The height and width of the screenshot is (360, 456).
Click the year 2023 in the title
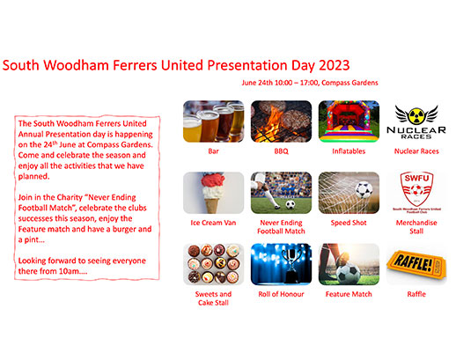[335, 65]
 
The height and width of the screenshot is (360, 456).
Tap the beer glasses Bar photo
[213, 121]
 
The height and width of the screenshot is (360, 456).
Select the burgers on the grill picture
[281, 121]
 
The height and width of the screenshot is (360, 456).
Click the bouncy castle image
[349, 121]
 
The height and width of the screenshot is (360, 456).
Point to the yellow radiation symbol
[416, 115]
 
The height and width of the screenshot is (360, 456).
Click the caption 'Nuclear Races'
[416, 151]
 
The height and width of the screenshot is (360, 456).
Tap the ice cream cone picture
[213, 193]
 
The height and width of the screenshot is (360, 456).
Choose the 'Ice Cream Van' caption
[213, 223]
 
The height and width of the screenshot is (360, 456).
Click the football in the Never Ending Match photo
[290, 204]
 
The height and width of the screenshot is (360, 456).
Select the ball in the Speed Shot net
[364, 190]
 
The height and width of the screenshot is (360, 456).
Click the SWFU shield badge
[416, 189]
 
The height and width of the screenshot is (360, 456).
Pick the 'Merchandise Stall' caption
[416, 227]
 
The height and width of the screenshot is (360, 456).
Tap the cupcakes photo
[213, 264]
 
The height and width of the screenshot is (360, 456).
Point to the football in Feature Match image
[349, 274]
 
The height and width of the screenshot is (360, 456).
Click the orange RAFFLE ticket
[416, 264]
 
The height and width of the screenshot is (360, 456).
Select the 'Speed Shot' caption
[349, 223]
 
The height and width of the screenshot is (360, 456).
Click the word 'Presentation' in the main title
[247, 65]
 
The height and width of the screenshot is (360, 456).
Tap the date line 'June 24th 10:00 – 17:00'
[280, 83]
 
